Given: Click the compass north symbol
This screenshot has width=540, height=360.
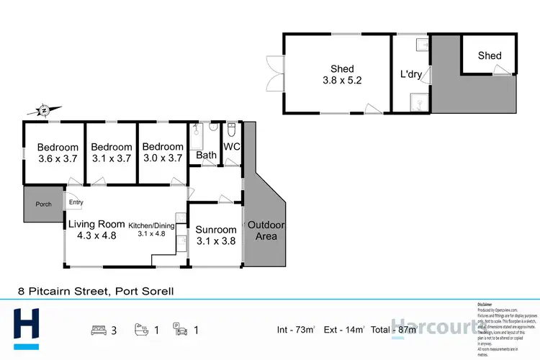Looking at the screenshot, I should tap(44, 109).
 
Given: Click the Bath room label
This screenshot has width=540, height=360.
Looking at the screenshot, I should tap(207, 155).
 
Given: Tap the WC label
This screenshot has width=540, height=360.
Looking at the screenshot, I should tap(232, 147).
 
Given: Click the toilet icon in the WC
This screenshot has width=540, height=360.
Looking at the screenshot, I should tap(231, 131).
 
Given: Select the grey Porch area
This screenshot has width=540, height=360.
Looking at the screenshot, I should tap(43, 204).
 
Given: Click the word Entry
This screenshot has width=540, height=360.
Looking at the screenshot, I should tap(76, 203).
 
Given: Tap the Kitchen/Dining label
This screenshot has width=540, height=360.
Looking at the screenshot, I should tap(152, 229).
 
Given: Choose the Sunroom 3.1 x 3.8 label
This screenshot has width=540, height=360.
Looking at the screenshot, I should tap(215, 235).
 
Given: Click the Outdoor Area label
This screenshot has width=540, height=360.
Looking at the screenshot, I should tap(266, 231).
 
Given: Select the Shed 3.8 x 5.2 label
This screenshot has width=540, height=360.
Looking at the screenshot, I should tap(341, 75).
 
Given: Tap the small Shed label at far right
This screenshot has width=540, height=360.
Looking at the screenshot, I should tap(490, 55).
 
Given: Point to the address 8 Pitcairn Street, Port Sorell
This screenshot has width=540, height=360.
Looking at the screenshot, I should tap(96, 292).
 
